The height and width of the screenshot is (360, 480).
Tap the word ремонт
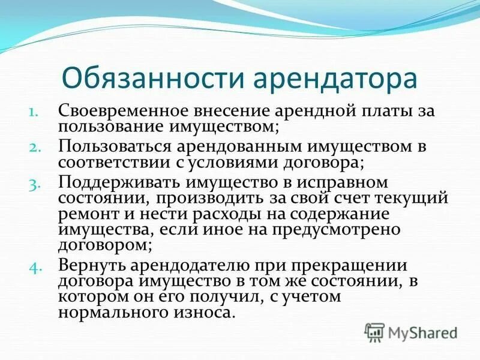coord(86,214)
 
